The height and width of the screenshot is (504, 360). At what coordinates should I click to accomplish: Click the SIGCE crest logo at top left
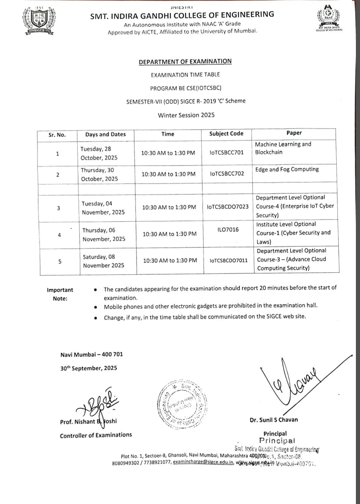pyautogui.click(x=39, y=21)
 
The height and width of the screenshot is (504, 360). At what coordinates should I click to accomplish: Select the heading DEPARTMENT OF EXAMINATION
pyautogui.click(x=185, y=62)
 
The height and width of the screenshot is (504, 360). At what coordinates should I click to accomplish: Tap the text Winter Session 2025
pyautogui.click(x=186, y=115)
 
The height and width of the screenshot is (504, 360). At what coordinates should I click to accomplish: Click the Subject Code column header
pyautogui.click(x=226, y=134)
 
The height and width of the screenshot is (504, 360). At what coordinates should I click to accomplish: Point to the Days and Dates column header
pyautogui.click(x=105, y=135)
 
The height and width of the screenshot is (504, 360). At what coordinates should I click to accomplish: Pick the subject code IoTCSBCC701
pyautogui.click(x=227, y=153)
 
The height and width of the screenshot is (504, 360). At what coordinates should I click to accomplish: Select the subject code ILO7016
pyautogui.click(x=228, y=229)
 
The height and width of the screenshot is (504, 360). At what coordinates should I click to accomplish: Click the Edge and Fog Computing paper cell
pyautogui.click(x=287, y=169)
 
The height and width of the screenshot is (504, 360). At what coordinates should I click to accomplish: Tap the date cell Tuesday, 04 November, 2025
pyautogui.click(x=103, y=208)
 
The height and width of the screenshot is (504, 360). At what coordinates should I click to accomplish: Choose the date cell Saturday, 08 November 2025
pyautogui.click(x=103, y=261)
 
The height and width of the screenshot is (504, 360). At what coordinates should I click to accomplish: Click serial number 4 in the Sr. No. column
pyautogui.click(x=59, y=235)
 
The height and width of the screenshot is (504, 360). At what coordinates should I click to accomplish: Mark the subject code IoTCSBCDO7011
pyautogui.click(x=229, y=261)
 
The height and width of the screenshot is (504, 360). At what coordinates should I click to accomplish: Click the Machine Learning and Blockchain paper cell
pyautogui.click(x=283, y=148)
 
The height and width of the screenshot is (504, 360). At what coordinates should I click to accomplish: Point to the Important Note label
pyautogui.click(x=60, y=294)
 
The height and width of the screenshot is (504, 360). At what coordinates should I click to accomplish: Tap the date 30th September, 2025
pyautogui.click(x=89, y=368)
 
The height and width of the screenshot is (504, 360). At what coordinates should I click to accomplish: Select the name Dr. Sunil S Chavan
pyautogui.click(x=274, y=420)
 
